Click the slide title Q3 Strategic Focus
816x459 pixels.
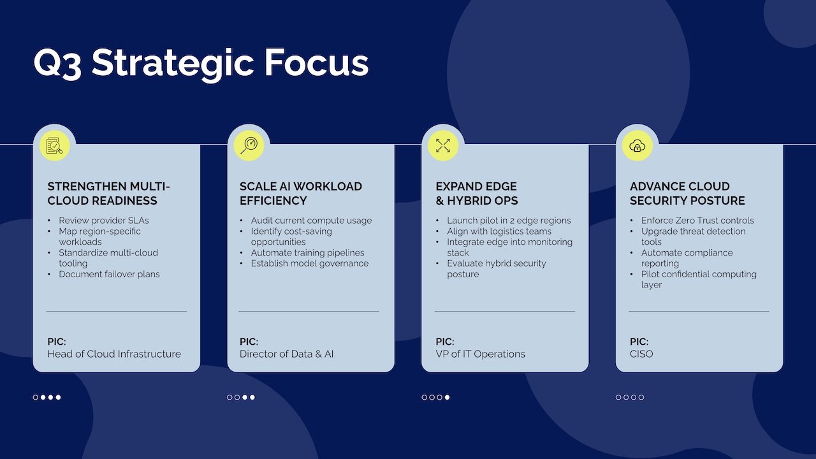[x=201, y=63]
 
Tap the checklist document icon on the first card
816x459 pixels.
[x=54, y=145]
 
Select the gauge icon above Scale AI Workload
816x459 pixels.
[x=249, y=145]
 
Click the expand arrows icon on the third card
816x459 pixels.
[x=443, y=145]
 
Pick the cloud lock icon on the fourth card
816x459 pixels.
[x=637, y=145]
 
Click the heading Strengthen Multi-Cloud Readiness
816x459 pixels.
[x=109, y=193]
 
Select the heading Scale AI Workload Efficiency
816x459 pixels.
[x=301, y=193]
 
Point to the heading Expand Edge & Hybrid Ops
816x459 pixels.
[x=477, y=193]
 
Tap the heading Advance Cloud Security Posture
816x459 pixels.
[x=687, y=193]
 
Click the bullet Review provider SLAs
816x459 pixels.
[x=104, y=221]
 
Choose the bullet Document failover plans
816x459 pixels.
[x=109, y=274]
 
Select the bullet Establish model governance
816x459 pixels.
[x=309, y=263]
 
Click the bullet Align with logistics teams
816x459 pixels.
[x=499, y=231]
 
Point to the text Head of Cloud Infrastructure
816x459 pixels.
[x=114, y=354]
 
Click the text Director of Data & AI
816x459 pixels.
[x=287, y=354]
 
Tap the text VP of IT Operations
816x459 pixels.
[x=481, y=354]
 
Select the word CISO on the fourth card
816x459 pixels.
[x=641, y=354]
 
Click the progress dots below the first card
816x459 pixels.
[x=47, y=397]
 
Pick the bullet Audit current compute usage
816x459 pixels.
[x=311, y=221]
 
